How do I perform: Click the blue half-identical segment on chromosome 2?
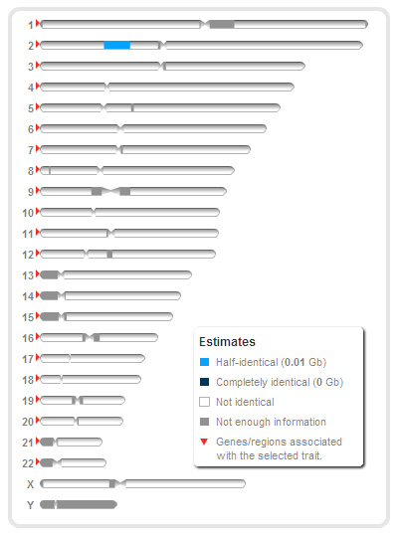tap(116, 45)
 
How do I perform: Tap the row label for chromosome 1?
tap(31, 25)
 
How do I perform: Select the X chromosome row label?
tap(31, 484)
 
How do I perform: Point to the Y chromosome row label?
tap(31, 505)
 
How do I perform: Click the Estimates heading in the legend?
tap(227, 342)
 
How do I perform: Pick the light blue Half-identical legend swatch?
tap(204, 362)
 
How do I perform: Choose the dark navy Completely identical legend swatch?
tap(204, 382)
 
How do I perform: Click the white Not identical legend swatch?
tap(204, 402)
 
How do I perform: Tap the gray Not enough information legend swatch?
tap(204, 422)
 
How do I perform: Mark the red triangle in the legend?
tap(204, 442)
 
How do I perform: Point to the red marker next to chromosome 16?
tap(38, 337)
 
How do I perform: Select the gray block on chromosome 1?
tap(222, 24)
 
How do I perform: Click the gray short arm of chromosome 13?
tap(50, 274)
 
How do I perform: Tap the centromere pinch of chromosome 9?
tap(110, 191)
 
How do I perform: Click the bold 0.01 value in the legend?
tap(295, 362)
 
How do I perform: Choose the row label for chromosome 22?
tap(28, 463)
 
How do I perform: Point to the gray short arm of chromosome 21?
tap(48, 442)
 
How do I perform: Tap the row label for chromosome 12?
tap(28, 255)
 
